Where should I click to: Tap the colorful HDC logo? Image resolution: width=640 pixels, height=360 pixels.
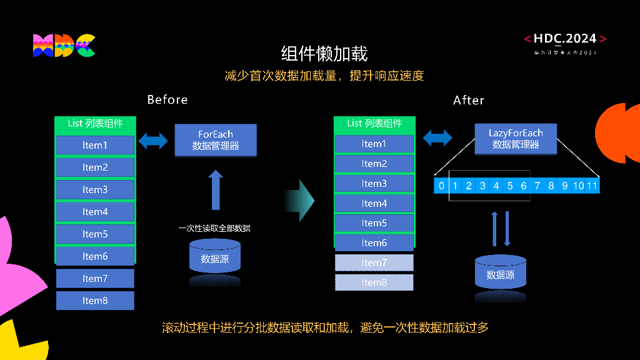[x=64, y=46]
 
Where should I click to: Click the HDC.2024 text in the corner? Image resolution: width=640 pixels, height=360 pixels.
[x=565, y=39]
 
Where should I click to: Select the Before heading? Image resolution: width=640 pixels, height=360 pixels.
[x=167, y=100]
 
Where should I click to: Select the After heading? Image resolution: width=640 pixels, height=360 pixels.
[x=468, y=101]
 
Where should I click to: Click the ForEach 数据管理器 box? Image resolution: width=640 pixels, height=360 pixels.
[x=216, y=140]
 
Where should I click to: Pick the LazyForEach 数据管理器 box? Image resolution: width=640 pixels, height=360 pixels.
[x=516, y=139]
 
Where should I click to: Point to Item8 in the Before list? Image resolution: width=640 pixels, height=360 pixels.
[x=95, y=301]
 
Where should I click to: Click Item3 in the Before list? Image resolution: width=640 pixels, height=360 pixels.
[x=95, y=189]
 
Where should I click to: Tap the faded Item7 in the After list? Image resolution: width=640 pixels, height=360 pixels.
[x=374, y=262]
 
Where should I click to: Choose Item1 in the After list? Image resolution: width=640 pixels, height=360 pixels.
[x=374, y=144]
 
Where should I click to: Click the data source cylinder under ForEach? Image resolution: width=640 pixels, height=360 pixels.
[x=215, y=257]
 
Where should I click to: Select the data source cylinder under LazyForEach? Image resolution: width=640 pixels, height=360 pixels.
[x=501, y=273]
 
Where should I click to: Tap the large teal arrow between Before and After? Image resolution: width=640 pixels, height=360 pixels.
[x=300, y=200]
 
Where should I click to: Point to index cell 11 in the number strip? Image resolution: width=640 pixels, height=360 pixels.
[x=592, y=186]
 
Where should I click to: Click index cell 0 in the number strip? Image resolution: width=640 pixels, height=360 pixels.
[x=441, y=186]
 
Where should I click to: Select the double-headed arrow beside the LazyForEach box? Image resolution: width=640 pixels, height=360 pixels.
[x=437, y=137]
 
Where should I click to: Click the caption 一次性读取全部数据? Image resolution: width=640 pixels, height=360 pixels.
[x=214, y=228]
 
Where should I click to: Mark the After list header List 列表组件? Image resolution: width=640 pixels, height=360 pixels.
[x=374, y=123]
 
